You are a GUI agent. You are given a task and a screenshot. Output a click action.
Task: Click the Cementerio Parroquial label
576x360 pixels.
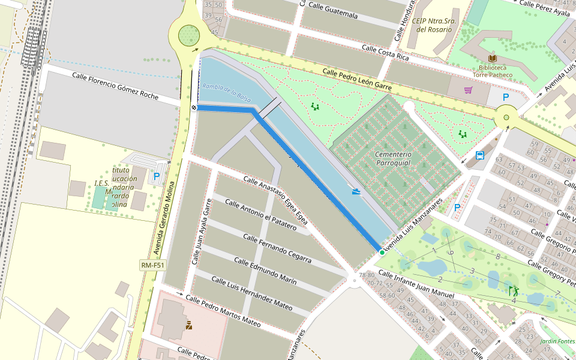[x=392, y=158]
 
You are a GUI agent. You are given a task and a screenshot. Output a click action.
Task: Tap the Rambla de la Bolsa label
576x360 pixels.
[x=226, y=92]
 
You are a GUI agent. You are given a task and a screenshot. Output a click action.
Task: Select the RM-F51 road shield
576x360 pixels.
[x=152, y=265]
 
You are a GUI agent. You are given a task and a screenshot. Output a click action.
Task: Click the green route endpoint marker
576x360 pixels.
[x=382, y=253]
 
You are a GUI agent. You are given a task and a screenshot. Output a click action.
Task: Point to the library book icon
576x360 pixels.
[x=492, y=58]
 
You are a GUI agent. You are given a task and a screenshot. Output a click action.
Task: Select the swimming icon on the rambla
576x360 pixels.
[x=357, y=192]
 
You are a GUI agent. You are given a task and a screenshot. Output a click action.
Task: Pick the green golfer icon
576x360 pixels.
[x=514, y=291]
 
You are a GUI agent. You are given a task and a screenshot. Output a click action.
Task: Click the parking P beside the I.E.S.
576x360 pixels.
[x=157, y=176]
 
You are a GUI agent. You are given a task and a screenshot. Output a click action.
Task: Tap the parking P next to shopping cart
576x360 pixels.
[x=505, y=97]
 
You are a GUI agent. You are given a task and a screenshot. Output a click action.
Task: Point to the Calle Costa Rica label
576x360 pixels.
[x=385, y=52]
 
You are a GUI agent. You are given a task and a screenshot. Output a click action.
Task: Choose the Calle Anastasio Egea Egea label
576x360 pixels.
[x=275, y=200]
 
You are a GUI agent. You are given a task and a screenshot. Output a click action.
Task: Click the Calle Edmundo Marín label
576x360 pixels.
[x=265, y=271]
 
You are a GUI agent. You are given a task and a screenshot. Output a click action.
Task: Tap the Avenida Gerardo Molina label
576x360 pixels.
[x=169, y=204]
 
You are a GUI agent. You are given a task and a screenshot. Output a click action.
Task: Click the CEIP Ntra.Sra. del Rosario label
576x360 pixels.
[x=436, y=25]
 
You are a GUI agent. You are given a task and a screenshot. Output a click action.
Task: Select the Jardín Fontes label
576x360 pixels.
[x=557, y=341]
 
